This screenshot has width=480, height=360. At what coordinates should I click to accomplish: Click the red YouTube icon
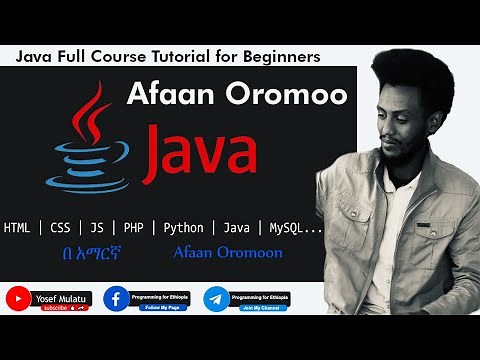pos(18,298)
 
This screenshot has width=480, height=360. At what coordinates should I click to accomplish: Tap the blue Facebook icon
pos(117,298)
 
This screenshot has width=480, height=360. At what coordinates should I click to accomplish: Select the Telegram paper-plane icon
pos(216,298)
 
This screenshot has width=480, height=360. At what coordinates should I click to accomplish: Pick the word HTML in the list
pos(17,227)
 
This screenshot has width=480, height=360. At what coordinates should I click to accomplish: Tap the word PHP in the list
pos(133,227)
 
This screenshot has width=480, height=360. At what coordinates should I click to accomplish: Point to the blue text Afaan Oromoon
pos(227,253)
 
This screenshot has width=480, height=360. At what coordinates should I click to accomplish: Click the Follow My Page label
pos(159,306)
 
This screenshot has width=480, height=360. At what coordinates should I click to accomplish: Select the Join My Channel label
pos(258,306)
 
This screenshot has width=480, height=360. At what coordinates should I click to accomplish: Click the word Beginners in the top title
pos(280,57)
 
